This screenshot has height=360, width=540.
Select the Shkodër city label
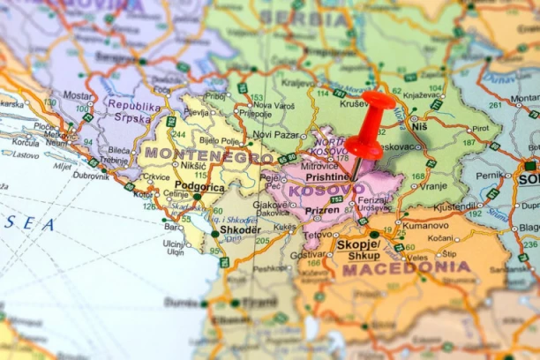pos(240,229)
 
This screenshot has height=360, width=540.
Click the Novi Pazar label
pos(276,134)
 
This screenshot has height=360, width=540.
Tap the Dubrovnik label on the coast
pos(91,175)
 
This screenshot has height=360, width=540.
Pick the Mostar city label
pos(78,94)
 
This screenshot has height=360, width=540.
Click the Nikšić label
pos(193,165)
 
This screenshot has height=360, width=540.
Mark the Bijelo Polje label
pos(220,139)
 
